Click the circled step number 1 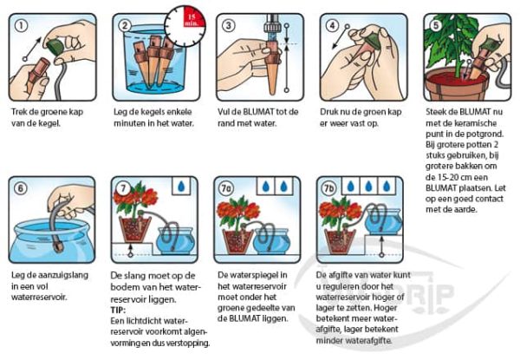[20, 23]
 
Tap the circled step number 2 [123, 23]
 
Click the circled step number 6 [20, 187]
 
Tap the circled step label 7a [227, 187]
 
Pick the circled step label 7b [330, 187]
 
